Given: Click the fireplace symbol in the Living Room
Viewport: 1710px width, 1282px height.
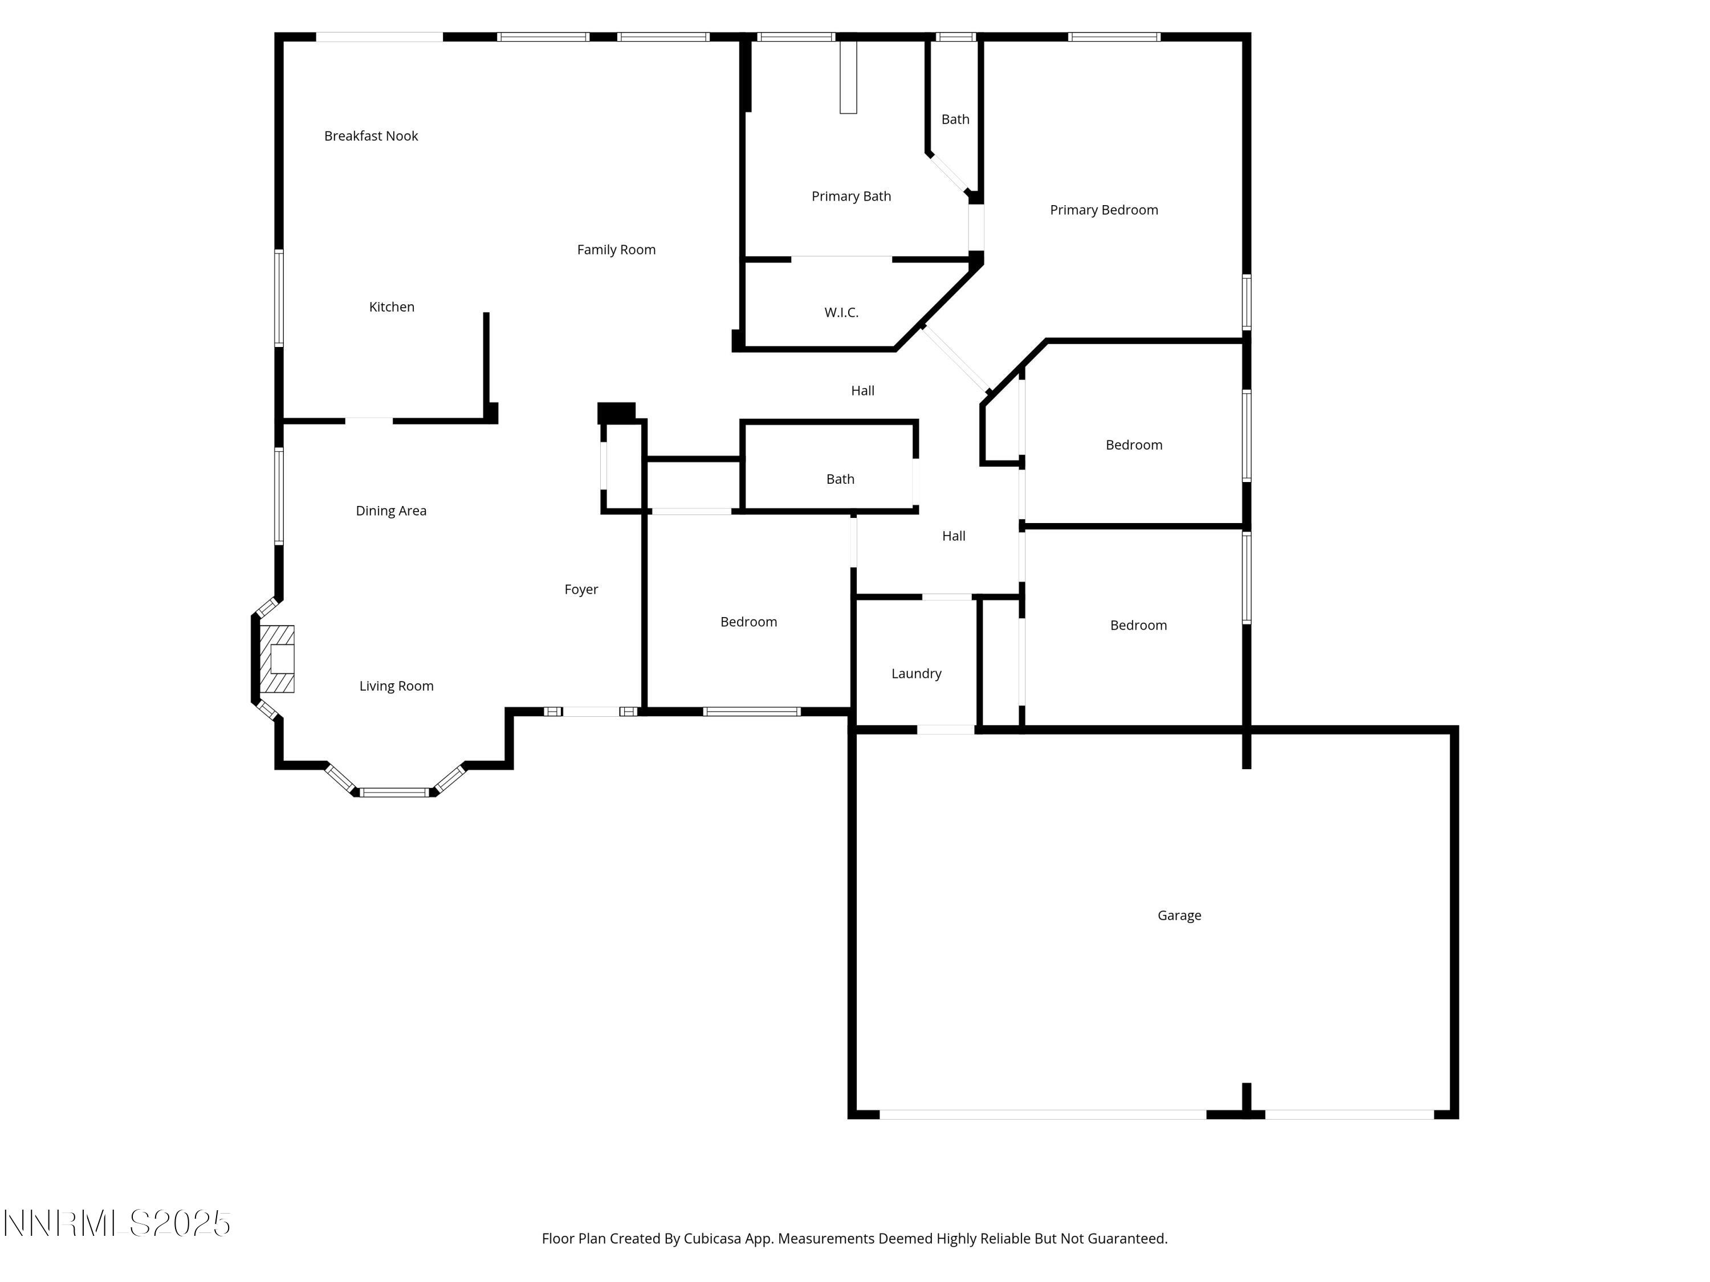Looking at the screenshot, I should pos(277,659).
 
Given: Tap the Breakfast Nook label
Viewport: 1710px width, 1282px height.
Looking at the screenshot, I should pos(371,136).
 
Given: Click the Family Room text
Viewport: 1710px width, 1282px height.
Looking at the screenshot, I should pos(616,250).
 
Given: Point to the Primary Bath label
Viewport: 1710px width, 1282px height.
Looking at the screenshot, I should pos(851,196).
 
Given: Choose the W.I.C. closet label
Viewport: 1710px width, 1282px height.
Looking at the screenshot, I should pos(841,312).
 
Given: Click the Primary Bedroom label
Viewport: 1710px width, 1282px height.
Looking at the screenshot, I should pos(1103,210).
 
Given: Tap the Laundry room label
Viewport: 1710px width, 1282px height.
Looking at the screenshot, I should pos(916,673).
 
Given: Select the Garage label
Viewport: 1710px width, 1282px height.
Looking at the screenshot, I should pos(1179,915).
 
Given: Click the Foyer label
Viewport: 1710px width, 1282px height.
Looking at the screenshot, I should pos(581,590).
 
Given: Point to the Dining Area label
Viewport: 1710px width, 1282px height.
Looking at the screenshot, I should pos(390,511).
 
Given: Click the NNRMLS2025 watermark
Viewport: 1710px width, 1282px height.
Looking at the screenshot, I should pos(117,1223).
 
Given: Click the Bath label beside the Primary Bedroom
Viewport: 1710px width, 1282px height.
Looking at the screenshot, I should pos(955,119).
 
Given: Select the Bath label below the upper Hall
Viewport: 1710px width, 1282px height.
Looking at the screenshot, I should pos(840,479).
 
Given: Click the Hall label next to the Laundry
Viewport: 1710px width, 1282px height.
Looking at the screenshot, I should pos(953,536).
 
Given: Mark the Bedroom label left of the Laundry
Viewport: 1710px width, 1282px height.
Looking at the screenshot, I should pos(748,622).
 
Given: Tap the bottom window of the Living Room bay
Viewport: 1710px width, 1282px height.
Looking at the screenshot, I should pos(395,792).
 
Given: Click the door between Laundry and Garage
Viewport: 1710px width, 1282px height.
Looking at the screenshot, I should pos(946,729).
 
